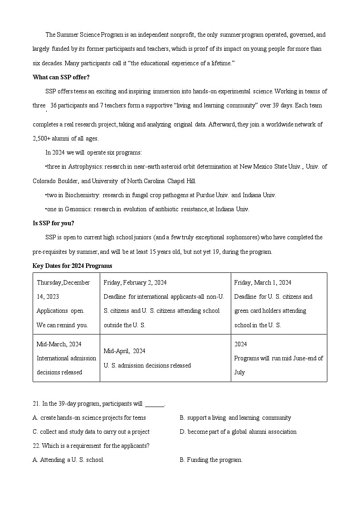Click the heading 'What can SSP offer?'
[x=61, y=77]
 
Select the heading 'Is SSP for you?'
[x=54, y=223]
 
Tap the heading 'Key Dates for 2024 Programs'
[x=73, y=266]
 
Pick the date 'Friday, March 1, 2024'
[x=263, y=282]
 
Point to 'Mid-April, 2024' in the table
[x=124, y=351]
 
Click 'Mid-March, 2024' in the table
[x=59, y=344]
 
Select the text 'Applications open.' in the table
[x=60, y=310]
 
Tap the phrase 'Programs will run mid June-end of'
[x=278, y=358]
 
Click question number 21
[x=36, y=404]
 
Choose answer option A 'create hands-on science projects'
[x=92, y=417]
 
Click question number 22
[x=36, y=446]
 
